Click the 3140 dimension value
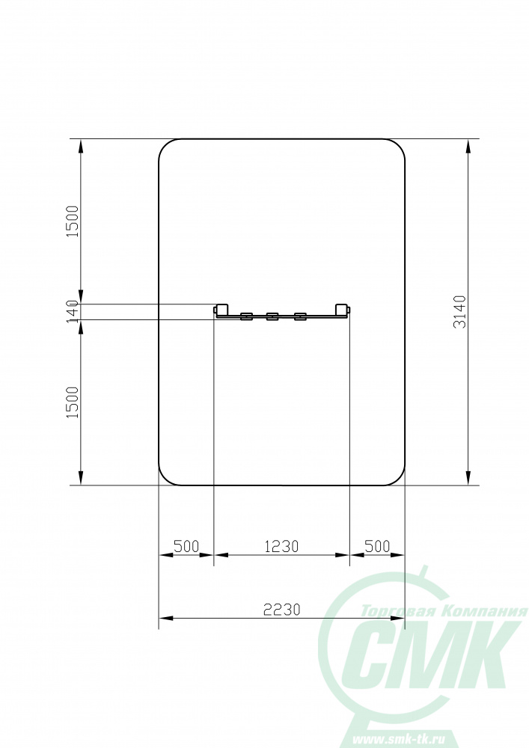click(x=459, y=312)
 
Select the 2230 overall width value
click(x=281, y=609)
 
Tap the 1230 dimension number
click(x=281, y=546)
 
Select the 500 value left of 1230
click(x=186, y=546)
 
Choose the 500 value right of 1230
click(x=377, y=546)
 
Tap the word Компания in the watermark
click(x=486, y=612)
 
